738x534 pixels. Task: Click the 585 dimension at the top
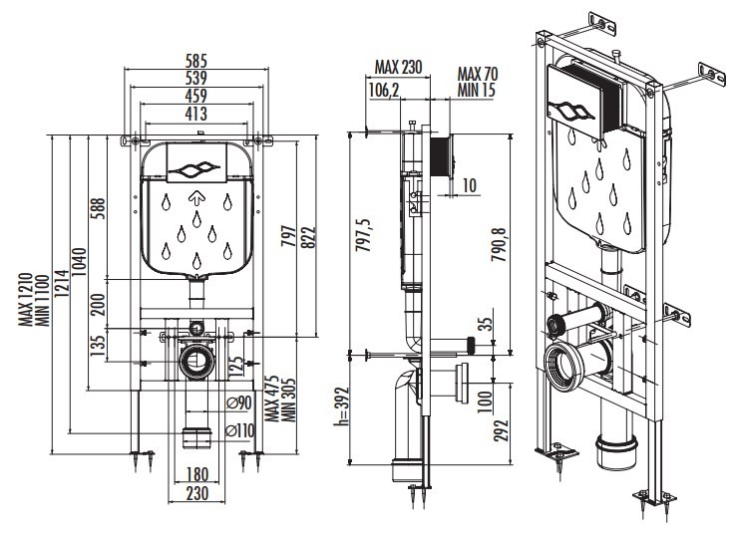tap(195, 59)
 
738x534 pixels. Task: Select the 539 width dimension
tap(195, 76)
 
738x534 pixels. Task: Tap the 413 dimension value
tap(195, 113)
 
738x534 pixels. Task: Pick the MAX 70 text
tap(477, 73)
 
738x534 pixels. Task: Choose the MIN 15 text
tap(477, 89)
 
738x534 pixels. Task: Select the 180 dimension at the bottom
tap(197, 473)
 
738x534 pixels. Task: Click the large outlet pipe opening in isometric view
tap(564, 365)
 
